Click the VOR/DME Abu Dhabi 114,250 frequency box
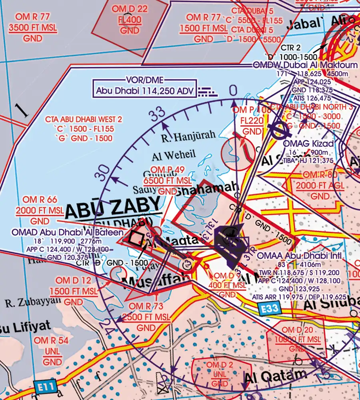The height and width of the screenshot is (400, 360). coord(146,90)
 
